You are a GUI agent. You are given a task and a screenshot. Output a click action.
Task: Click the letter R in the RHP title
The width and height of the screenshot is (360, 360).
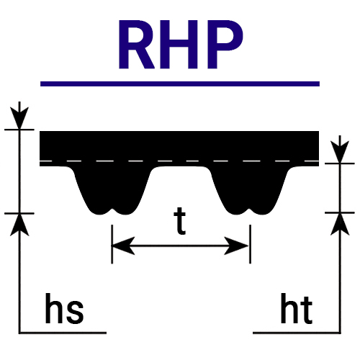[136, 45]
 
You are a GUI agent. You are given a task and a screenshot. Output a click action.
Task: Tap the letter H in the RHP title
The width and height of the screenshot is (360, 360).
[183, 45]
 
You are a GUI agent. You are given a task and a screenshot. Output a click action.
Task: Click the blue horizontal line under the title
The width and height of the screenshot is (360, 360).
[180, 84]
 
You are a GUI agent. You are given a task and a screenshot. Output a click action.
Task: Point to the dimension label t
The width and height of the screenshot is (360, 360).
[180, 221]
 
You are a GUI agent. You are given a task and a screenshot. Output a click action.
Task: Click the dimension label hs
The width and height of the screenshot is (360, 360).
[64, 308]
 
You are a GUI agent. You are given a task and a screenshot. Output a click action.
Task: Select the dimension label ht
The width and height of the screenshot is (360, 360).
[297, 308]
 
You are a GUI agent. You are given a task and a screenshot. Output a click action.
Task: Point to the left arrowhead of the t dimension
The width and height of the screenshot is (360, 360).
[123, 246]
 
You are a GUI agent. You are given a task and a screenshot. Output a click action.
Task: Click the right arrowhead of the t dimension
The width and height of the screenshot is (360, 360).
[237, 246]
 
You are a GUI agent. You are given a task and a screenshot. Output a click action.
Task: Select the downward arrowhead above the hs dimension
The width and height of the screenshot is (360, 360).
[19, 117]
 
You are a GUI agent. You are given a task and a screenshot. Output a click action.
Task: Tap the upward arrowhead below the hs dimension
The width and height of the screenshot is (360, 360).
[19, 225]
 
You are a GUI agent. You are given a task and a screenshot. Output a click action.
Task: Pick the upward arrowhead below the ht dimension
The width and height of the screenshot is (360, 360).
[340, 224]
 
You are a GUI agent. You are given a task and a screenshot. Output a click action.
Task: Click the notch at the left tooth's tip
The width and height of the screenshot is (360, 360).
[112, 210]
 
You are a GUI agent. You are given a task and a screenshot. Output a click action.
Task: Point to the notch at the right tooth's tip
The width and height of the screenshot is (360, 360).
[250, 210]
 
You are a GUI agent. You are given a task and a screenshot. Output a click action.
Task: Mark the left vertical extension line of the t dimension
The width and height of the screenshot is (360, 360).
[112, 244]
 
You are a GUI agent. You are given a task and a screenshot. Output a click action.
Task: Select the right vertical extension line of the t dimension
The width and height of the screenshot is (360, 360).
[250, 244]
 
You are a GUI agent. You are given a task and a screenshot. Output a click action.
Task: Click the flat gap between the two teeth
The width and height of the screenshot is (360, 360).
[181, 166]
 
